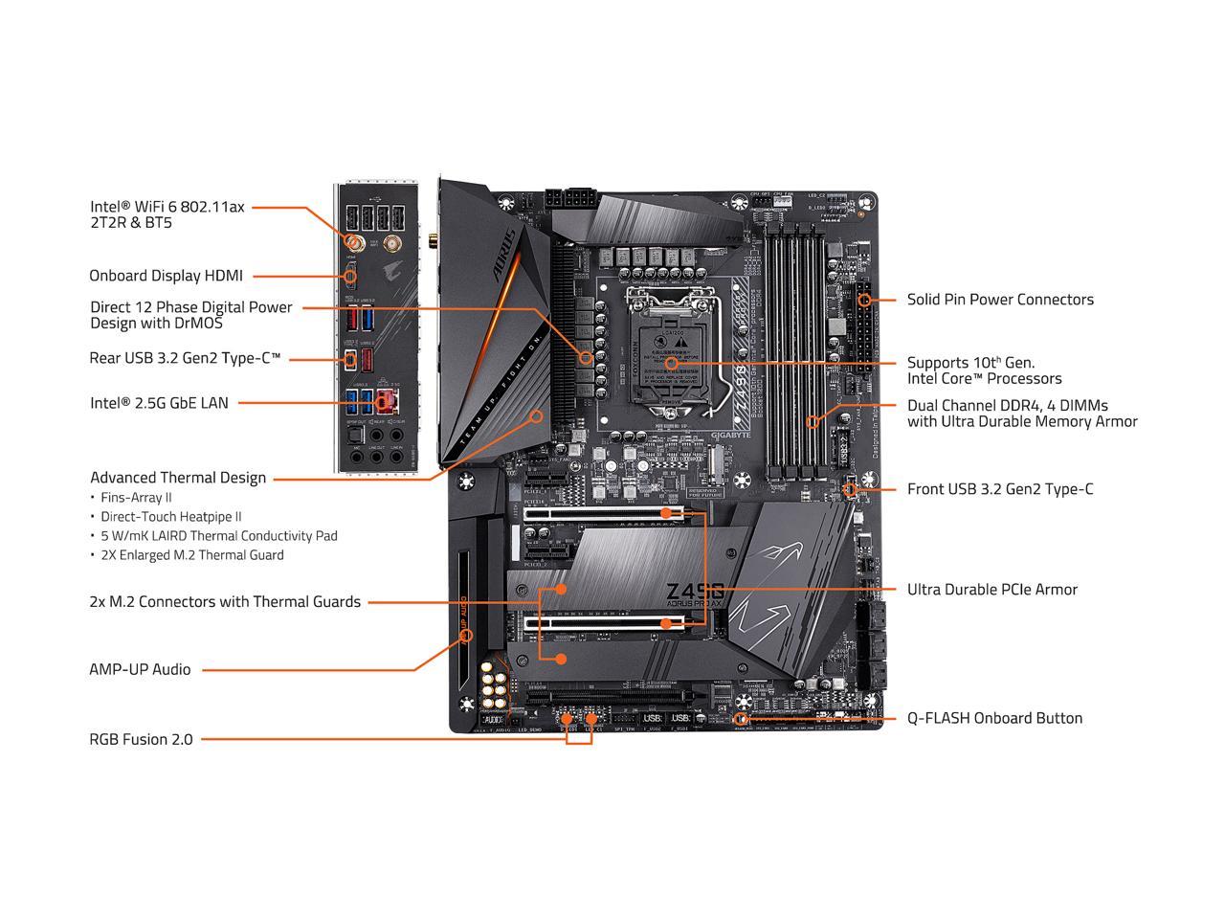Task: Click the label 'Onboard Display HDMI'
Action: pyautogui.click(x=166, y=276)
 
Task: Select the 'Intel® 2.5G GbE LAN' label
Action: pyautogui.click(x=159, y=403)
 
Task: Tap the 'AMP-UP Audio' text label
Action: pyautogui.click(x=140, y=669)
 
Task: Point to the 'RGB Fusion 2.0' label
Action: pyautogui.click(x=141, y=739)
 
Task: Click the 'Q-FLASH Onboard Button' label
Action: pyautogui.click(x=994, y=718)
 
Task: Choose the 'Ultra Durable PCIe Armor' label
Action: pyautogui.click(x=991, y=590)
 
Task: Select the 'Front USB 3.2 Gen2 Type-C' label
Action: pyautogui.click(x=999, y=489)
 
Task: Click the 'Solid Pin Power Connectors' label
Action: pyautogui.click(x=1000, y=300)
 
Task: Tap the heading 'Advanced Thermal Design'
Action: pyautogui.click(x=178, y=478)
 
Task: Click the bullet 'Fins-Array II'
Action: pyautogui.click(x=136, y=498)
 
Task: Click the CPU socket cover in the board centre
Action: pyautogui.click(x=671, y=354)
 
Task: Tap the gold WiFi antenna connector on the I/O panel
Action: pyautogui.click(x=352, y=243)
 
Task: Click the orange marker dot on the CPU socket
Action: pyautogui.click(x=672, y=363)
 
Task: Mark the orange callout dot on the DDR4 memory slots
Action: pyautogui.click(x=813, y=420)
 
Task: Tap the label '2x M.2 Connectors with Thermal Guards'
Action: pyautogui.click(x=225, y=602)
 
